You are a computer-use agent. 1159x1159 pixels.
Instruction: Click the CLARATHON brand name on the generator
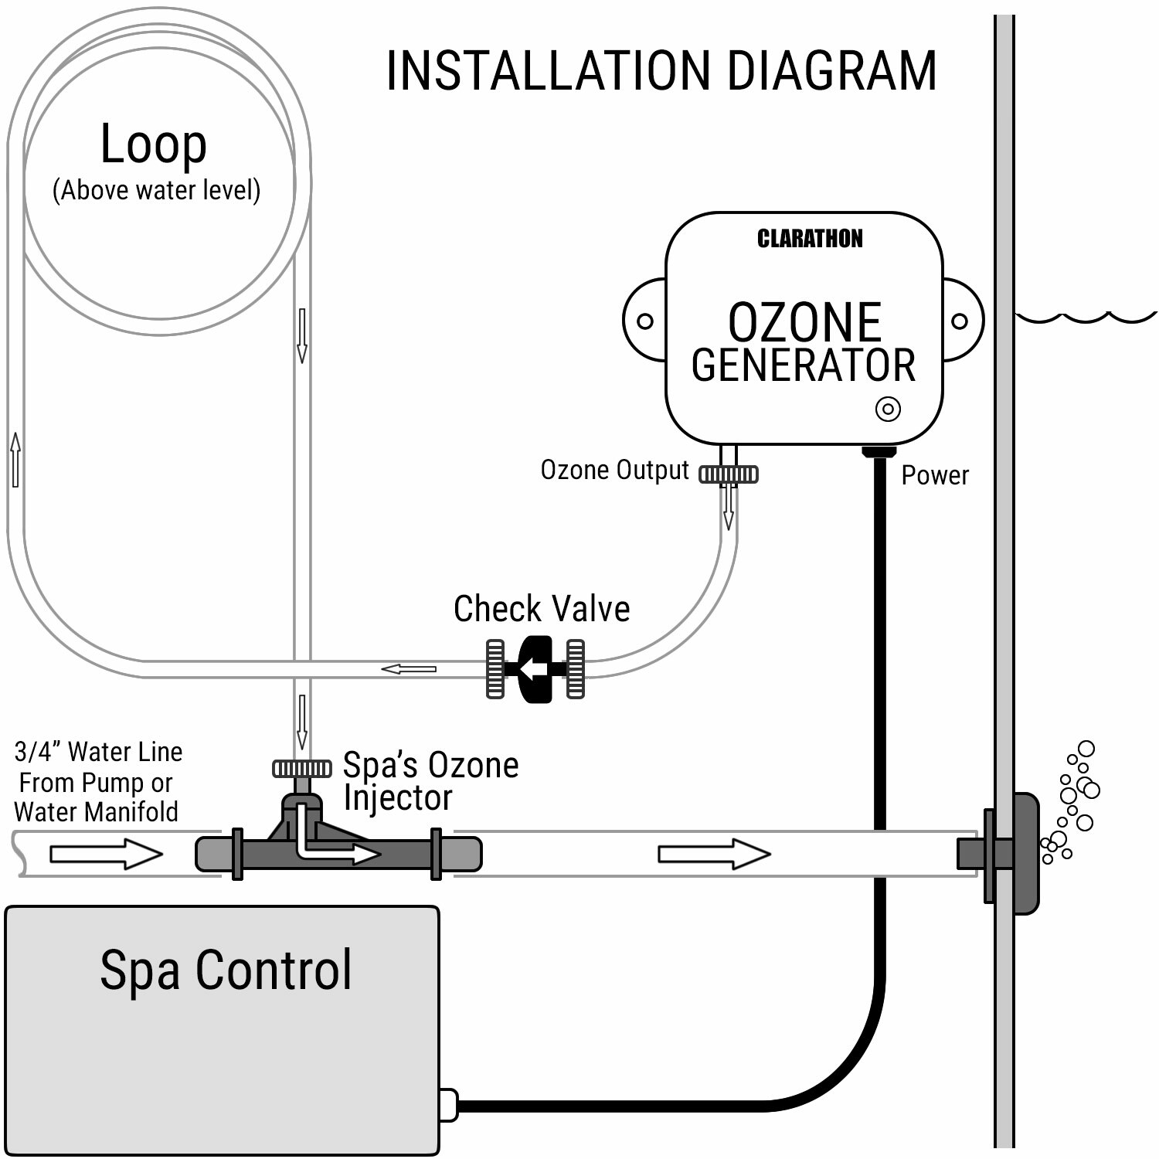[809, 239]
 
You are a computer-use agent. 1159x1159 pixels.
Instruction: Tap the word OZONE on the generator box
[804, 322]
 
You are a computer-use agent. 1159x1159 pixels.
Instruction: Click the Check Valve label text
[541, 609]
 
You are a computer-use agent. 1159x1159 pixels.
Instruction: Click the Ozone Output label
[614, 470]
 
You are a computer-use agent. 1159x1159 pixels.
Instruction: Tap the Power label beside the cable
[934, 475]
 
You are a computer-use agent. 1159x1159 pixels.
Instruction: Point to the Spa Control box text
[226, 970]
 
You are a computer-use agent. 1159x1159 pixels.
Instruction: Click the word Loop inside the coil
[154, 144]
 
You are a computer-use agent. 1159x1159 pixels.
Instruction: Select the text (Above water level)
[156, 190]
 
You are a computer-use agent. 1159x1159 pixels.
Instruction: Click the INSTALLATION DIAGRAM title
[661, 71]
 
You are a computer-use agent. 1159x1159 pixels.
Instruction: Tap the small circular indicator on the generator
[888, 409]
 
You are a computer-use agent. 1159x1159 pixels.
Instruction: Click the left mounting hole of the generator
[644, 321]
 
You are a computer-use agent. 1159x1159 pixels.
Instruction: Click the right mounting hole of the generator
[959, 321]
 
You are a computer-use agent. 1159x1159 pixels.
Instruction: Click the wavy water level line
[1086, 317]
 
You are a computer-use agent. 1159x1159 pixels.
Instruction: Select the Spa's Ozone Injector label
[430, 780]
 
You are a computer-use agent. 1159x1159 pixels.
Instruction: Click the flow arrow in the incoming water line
[106, 854]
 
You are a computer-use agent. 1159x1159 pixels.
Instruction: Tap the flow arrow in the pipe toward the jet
[714, 854]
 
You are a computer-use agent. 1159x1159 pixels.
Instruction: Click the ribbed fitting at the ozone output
[729, 474]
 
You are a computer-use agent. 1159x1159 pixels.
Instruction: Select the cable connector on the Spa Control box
[448, 1105]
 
